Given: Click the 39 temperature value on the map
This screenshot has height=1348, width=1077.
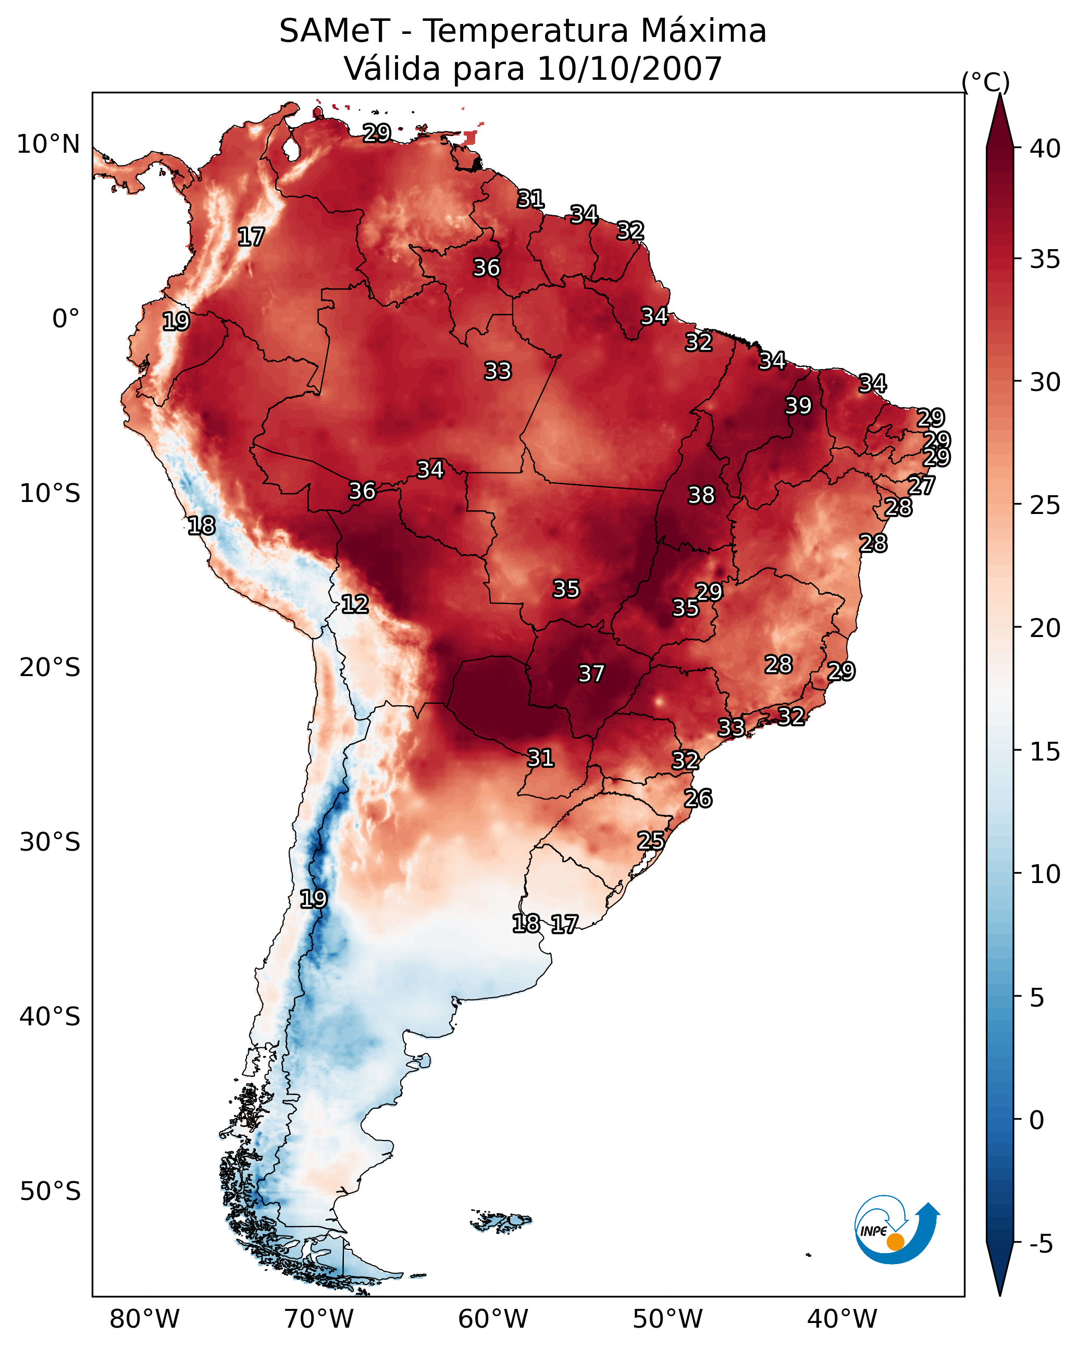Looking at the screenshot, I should (798, 406).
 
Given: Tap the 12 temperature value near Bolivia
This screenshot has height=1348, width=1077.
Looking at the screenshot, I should (355, 604).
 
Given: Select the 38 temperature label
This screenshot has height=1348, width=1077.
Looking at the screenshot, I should (701, 495).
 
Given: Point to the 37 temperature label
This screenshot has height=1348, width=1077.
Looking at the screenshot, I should (591, 673).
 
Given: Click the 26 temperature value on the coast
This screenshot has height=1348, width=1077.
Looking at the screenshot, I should (698, 799).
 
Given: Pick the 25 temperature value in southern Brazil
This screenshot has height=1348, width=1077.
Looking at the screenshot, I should (651, 840).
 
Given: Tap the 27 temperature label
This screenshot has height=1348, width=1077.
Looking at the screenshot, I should (921, 485).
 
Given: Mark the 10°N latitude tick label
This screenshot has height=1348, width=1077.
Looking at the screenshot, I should (48, 144).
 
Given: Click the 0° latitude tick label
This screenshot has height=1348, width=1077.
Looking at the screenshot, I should (66, 319).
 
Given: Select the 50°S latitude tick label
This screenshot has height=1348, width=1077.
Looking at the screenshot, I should (50, 1192).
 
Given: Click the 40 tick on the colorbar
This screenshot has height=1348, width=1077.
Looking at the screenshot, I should (1045, 149).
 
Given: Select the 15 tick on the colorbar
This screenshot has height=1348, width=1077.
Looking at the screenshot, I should (1045, 752).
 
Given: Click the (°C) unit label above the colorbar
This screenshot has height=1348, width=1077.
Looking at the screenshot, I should (986, 82).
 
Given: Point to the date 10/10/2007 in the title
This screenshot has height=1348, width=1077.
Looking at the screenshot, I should (629, 68).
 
